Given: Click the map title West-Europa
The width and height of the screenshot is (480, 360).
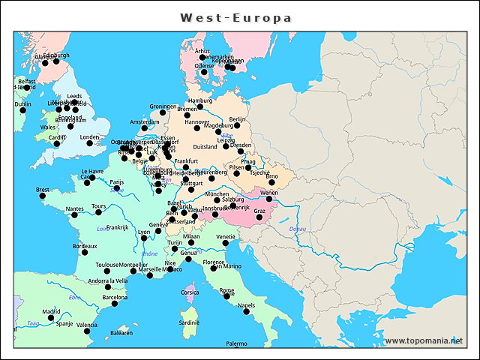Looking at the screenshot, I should pyautogui.click(x=236, y=16).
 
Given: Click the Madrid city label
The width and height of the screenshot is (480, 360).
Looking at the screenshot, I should pyautogui.click(x=50, y=310).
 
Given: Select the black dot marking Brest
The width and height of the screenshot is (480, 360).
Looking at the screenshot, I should pyautogui.click(x=43, y=196).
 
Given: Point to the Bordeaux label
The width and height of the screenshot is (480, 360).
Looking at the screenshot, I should pyautogui.click(x=85, y=246).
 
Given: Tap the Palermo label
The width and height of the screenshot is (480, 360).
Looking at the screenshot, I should pyautogui.click(x=237, y=343).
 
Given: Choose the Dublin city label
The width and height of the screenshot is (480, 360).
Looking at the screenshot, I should pyautogui.click(x=22, y=104).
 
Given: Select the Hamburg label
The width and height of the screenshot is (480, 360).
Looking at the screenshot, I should pyautogui.click(x=200, y=100).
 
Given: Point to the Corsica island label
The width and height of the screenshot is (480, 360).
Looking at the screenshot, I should pyautogui.click(x=190, y=292).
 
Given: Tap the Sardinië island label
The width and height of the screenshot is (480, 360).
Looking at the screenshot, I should pyautogui.click(x=190, y=322).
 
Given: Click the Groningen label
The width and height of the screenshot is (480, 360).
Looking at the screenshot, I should pyautogui.click(x=163, y=106).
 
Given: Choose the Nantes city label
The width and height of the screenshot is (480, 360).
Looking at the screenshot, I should pyautogui.click(x=75, y=208).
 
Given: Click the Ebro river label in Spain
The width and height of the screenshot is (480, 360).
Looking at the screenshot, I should pyautogui.click(x=74, y=298).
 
